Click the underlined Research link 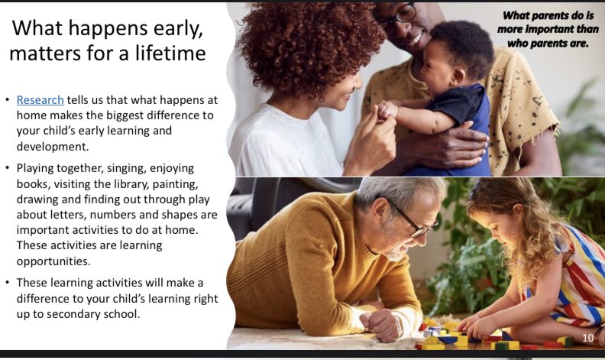click(x=40, y=100)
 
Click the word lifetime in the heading click(x=170, y=54)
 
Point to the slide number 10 click(x=587, y=338)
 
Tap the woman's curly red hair click(x=306, y=46)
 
